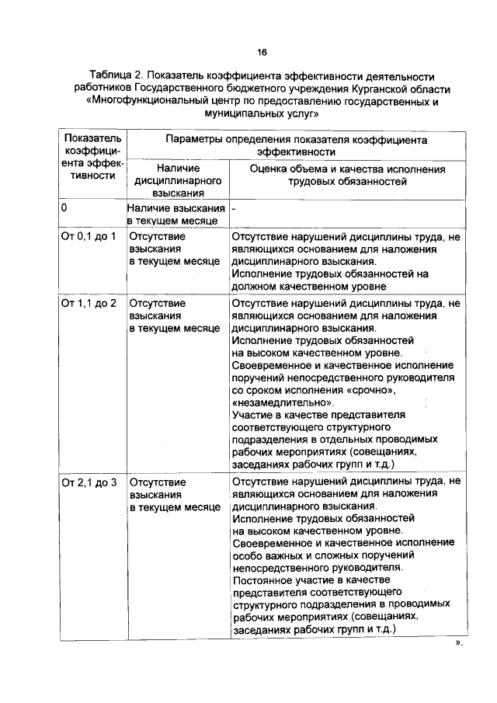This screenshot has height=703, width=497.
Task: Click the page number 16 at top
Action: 262,52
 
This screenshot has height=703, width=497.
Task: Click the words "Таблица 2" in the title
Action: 116,76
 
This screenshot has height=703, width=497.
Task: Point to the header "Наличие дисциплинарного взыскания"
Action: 178,180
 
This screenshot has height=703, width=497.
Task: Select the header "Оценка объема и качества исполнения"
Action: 347,174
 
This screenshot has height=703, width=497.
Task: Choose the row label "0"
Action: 64,209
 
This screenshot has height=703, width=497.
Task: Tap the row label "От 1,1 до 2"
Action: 88,302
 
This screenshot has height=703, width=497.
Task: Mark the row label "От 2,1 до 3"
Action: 88,482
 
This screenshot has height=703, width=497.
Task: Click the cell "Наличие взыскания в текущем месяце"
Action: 177,215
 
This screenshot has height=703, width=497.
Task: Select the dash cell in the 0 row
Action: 233,209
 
